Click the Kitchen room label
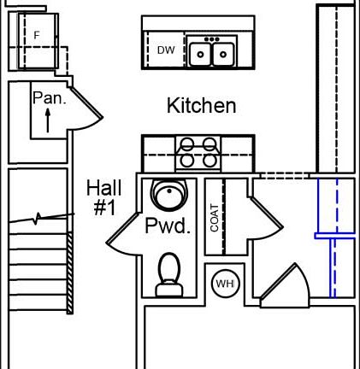click(x=201, y=106)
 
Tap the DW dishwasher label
click(x=166, y=51)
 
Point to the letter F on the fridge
click(x=37, y=35)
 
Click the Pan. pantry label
click(x=49, y=98)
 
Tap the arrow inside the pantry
click(x=47, y=120)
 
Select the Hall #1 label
click(x=104, y=197)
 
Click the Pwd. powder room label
click(x=167, y=226)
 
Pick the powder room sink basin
click(x=168, y=195)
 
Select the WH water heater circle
click(x=225, y=284)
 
